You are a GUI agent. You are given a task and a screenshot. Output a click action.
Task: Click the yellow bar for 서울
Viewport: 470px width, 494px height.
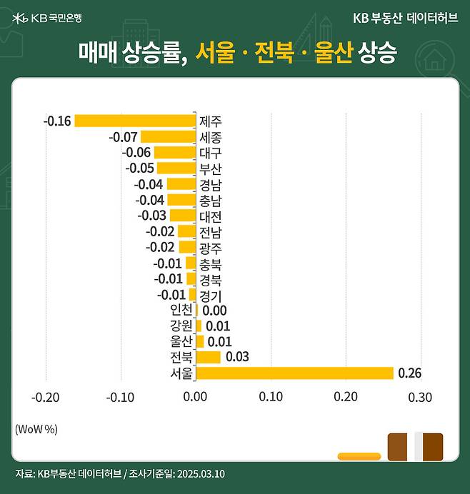click(x=294, y=373)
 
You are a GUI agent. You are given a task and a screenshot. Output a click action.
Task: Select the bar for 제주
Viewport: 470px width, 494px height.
click(x=135, y=121)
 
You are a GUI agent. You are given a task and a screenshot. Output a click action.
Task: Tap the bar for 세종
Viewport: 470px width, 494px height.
click(x=168, y=136)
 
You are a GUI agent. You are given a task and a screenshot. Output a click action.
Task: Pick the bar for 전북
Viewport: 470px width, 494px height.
click(x=208, y=357)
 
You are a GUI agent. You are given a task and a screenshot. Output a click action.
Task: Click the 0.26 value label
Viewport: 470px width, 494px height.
click(x=410, y=373)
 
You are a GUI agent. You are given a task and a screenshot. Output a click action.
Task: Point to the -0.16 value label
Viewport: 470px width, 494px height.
click(x=57, y=121)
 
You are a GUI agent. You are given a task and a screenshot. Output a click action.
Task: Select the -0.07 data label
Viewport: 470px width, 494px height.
click(x=123, y=136)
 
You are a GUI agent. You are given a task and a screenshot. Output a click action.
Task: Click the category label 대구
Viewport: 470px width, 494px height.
click(x=211, y=152)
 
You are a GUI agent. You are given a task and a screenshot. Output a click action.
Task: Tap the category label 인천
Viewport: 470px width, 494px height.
click(x=181, y=310)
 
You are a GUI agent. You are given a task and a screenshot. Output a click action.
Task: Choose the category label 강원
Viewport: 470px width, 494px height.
click(x=181, y=326)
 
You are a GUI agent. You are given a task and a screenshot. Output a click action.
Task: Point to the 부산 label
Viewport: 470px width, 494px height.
click(x=211, y=168)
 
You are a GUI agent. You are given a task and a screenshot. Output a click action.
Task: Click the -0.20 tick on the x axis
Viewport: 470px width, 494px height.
click(x=46, y=397)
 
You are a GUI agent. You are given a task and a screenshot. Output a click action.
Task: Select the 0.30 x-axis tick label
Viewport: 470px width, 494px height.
click(x=421, y=397)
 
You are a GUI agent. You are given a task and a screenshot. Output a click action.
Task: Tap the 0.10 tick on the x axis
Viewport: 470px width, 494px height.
click(x=271, y=397)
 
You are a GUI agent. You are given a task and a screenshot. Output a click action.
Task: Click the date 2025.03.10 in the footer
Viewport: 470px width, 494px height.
click(x=203, y=474)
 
